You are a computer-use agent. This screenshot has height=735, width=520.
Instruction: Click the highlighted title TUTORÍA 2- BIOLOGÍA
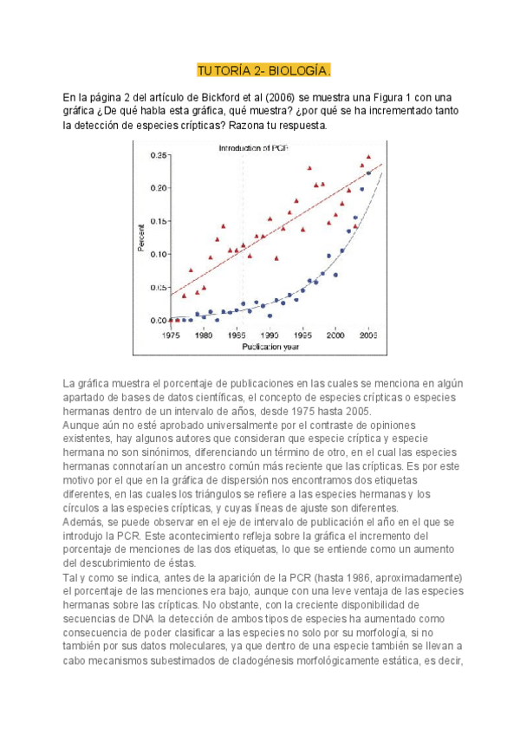tap(263, 70)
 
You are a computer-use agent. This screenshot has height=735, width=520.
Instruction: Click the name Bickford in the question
tap(220, 96)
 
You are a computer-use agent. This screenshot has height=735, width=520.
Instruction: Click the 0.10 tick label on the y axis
tap(158, 254)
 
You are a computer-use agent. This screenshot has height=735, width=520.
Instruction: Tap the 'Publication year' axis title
tap(269, 346)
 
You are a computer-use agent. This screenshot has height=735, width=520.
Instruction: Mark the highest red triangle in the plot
tap(368, 157)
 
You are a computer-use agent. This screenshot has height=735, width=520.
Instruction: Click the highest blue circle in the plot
tap(368, 173)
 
